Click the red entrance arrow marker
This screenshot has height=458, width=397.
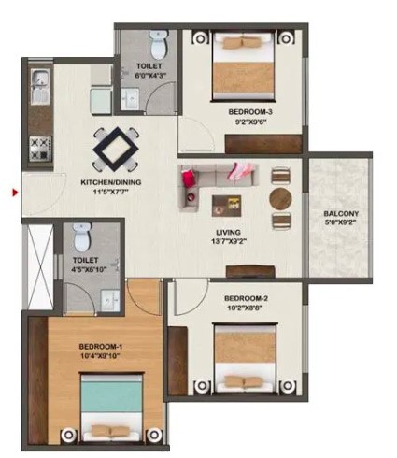click(15, 193)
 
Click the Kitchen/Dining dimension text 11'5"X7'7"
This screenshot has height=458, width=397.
click(110, 192)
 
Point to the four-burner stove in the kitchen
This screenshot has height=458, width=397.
click(40, 148)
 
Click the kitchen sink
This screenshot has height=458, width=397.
click(40, 87)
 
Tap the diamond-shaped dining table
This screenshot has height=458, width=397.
click(115, 149)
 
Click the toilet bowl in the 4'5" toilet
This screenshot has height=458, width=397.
click(82, 237)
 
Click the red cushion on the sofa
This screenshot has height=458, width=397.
click(190, 178)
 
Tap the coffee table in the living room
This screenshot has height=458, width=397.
click(226, 206)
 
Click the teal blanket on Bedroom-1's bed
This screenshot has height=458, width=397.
click(112, 394)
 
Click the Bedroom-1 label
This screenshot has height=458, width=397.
click(99, 347)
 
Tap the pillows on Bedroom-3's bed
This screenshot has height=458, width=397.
click(244, 42)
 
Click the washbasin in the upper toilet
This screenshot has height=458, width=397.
click(130, 99)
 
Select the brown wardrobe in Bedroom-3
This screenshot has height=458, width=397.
click(263, 144)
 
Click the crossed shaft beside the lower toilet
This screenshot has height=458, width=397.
click(40, 267)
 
